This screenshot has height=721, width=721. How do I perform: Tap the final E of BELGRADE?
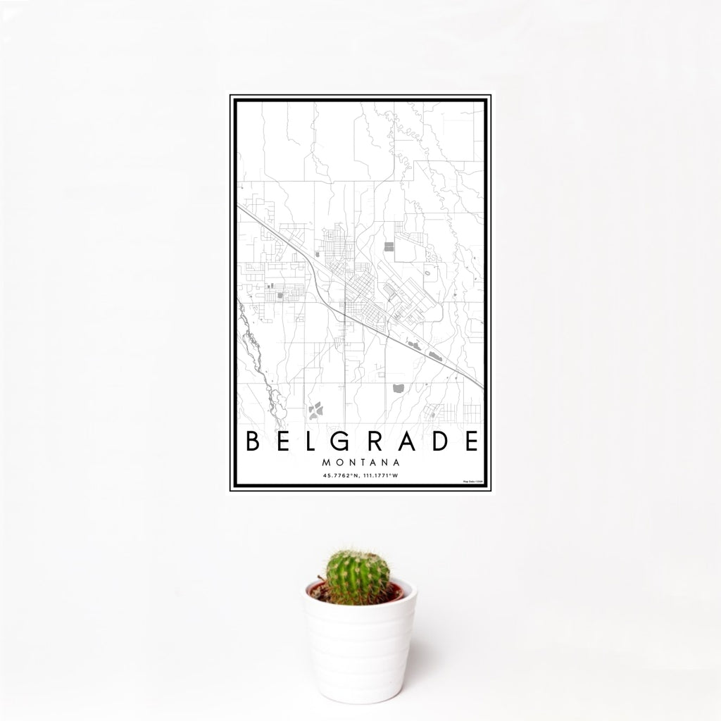pos(472,441)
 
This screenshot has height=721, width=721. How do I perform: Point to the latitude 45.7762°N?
pos(338,476)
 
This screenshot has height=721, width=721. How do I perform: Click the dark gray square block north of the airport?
pos(389,246)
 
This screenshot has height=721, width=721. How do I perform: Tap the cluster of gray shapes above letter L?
pos(315,407)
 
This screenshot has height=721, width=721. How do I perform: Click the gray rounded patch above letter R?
pos(398,387)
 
